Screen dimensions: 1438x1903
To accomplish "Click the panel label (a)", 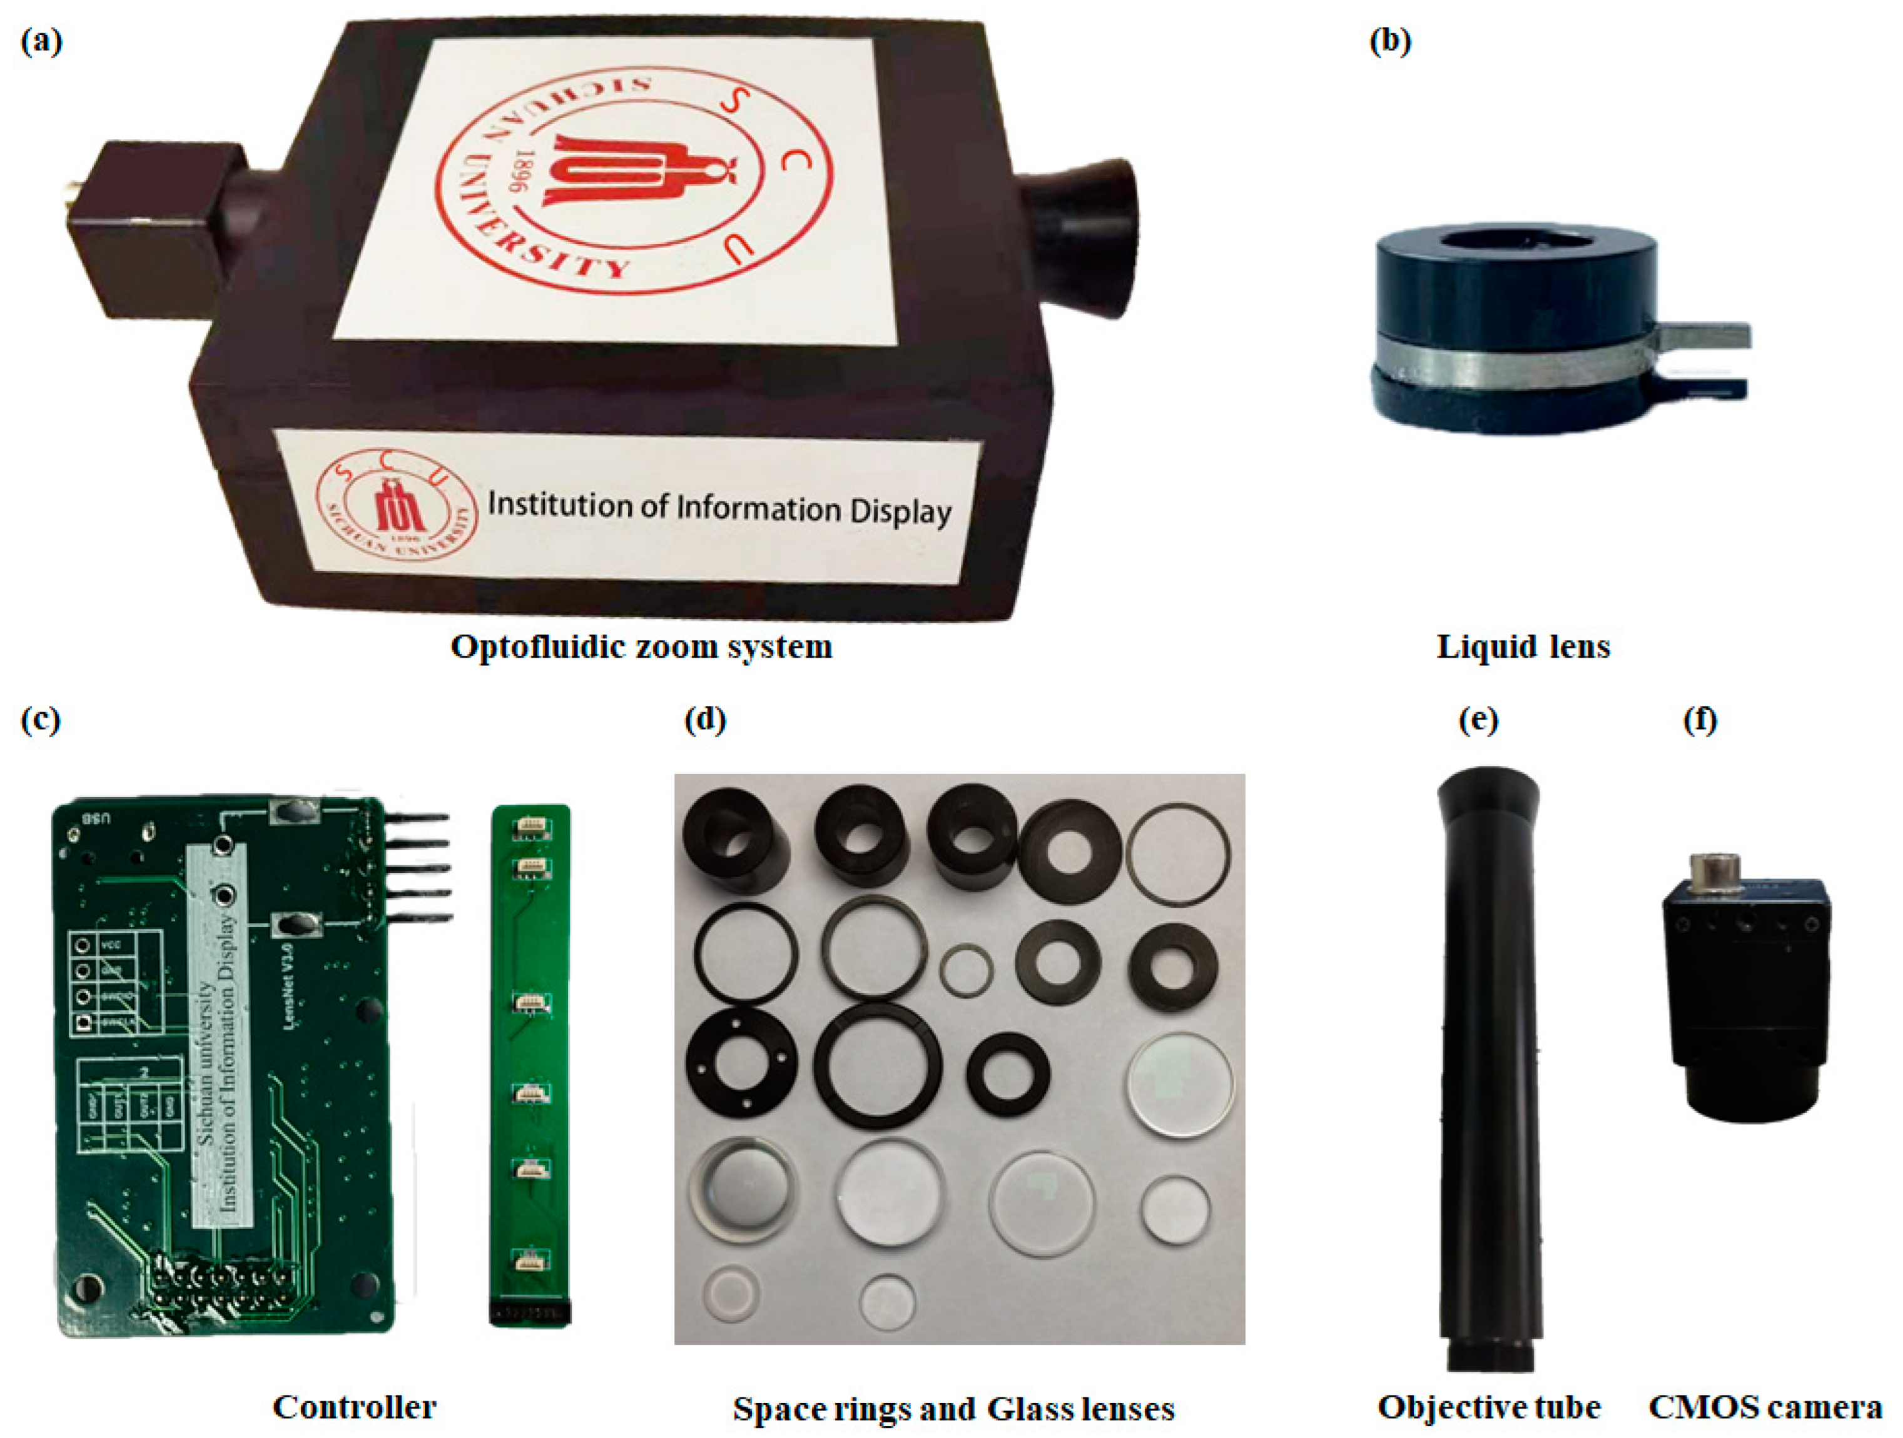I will point(41,41).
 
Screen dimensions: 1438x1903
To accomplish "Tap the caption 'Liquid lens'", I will point(1523,646).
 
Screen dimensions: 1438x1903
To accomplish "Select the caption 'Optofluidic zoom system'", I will point(641,646).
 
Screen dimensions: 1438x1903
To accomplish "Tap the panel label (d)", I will point(704,719).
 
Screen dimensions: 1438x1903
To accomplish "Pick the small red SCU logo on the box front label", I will point(396,508).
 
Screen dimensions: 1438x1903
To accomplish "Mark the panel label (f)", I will point(1700,719).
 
